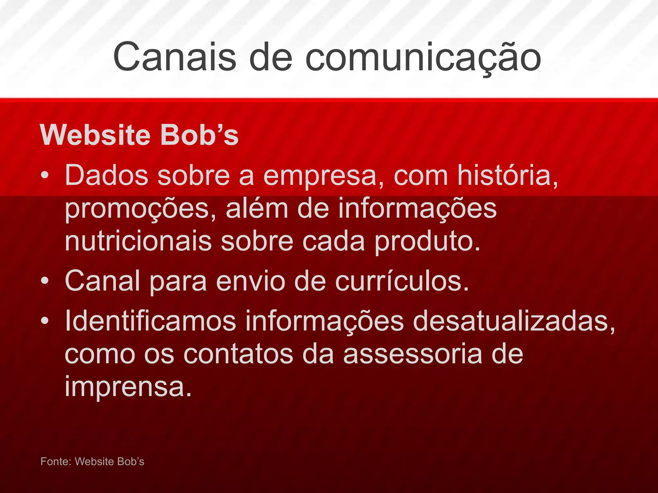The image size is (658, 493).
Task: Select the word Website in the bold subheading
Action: [95, 135]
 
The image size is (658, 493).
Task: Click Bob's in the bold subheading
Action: [199, 135]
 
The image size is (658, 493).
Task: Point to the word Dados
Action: [106, 176]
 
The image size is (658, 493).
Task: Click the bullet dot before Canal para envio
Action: [45, 281]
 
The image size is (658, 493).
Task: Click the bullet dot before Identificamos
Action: [45, 321]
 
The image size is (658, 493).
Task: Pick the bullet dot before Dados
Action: [45, 176]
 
